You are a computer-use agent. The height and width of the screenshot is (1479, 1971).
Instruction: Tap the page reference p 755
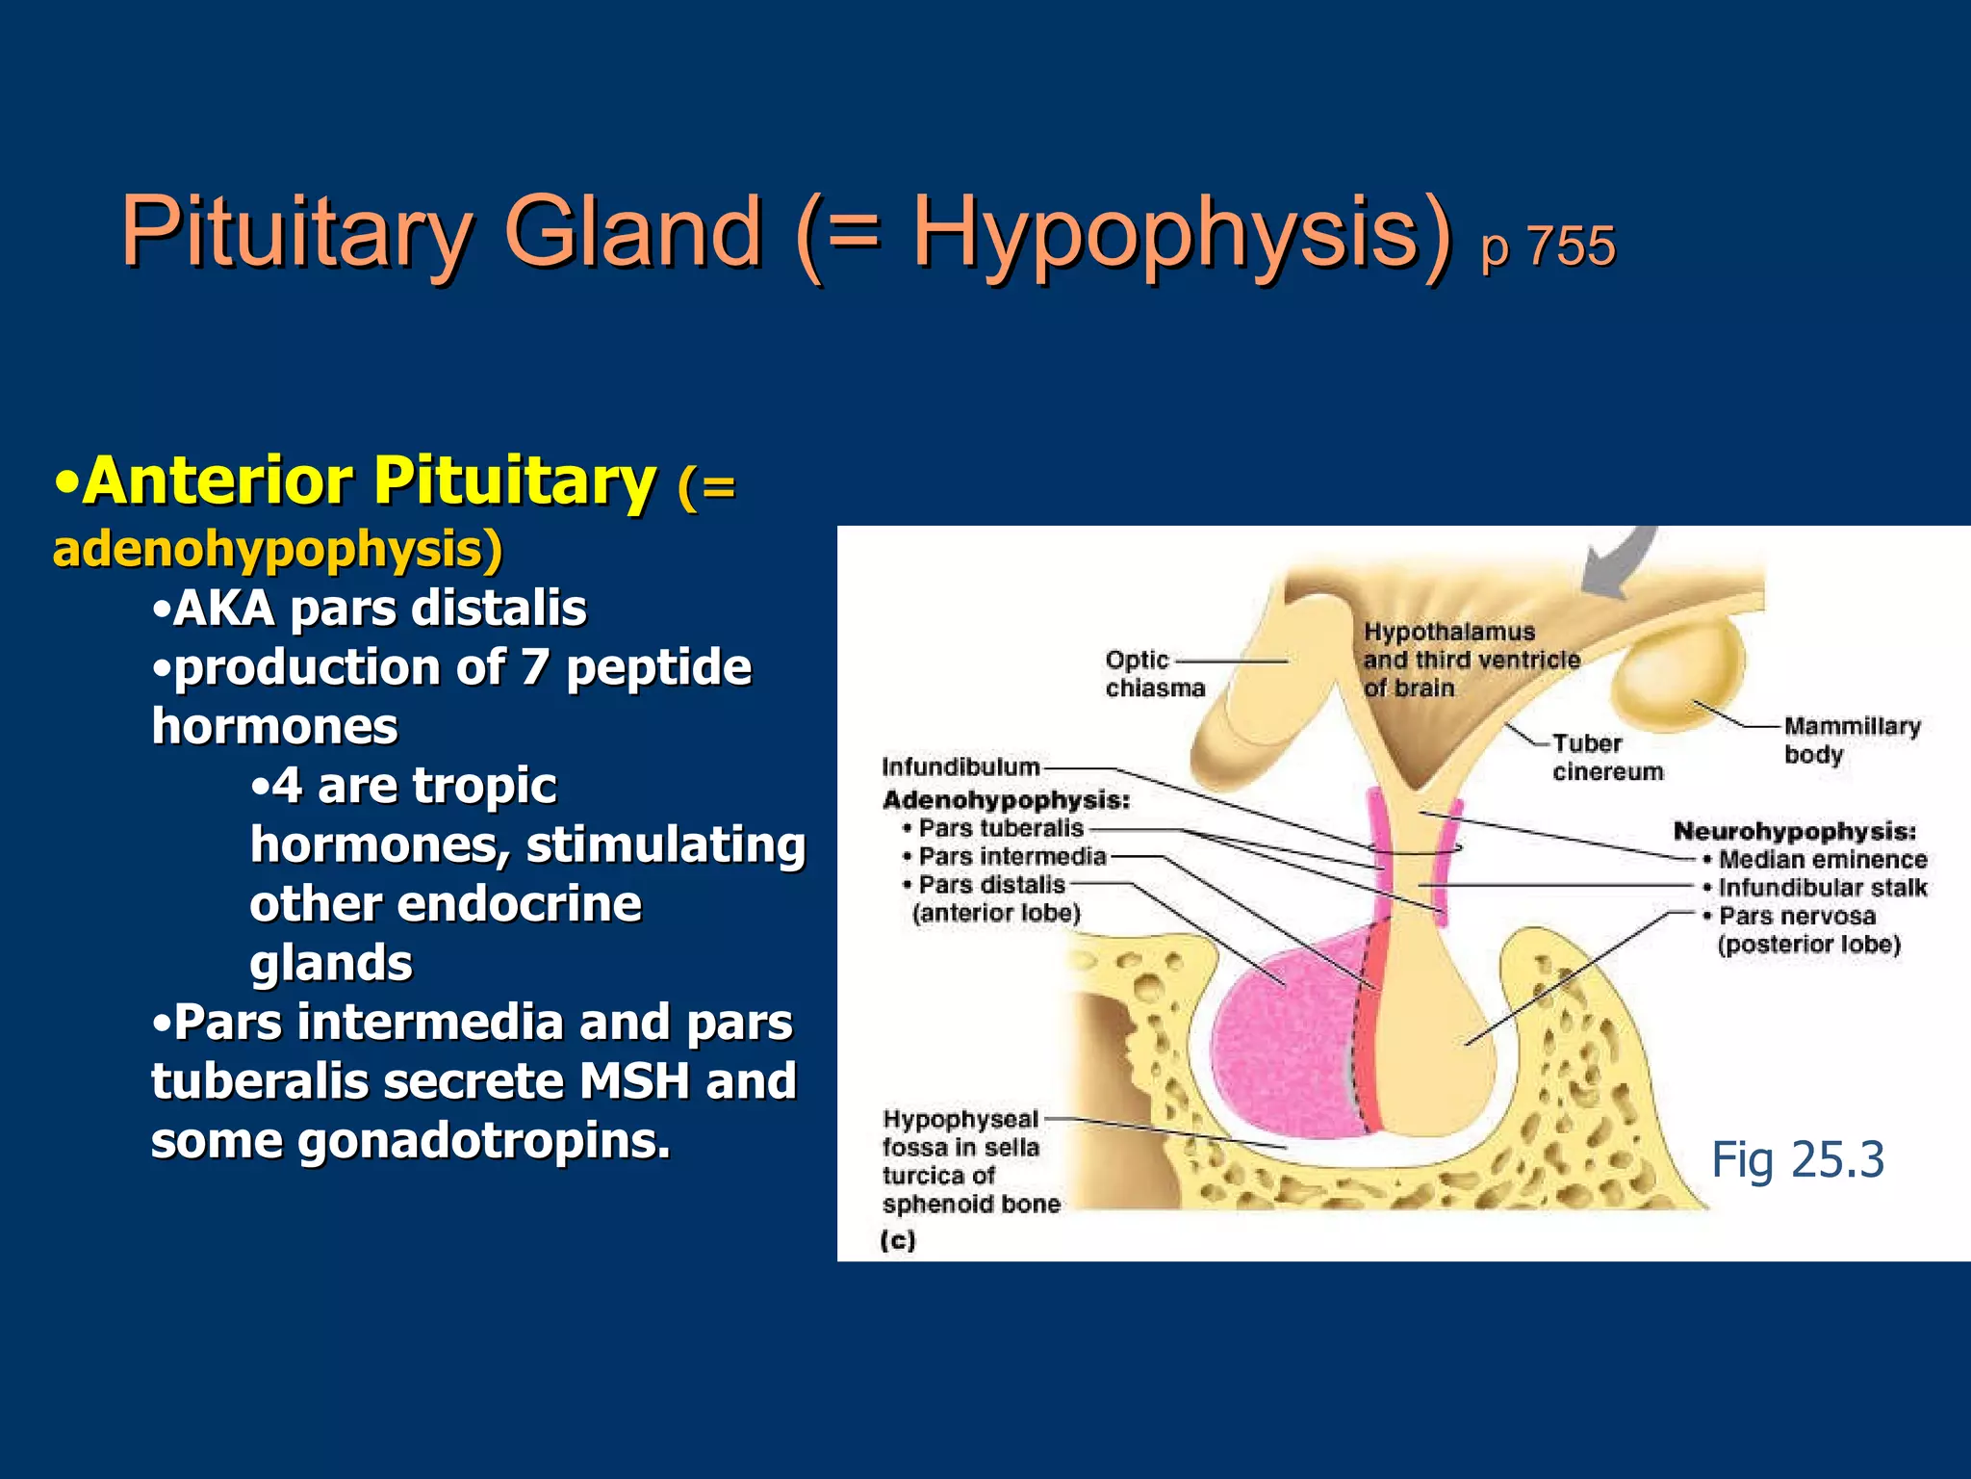[x=1548, y=246]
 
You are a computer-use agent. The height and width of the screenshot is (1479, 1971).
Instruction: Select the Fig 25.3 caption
[x=1797, y=1159]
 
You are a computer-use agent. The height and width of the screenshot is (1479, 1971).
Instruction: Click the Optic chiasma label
[x=1154, y=674]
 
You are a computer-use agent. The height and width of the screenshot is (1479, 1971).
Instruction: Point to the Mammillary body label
[x=1851, y=739]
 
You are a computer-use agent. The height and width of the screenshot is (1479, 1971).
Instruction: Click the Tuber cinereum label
[x=1606, y=757]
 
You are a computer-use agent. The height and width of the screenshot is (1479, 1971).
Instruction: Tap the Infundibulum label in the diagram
[x=960, y=766]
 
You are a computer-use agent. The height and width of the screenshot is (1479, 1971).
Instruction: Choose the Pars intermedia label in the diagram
[x=1011, y=856]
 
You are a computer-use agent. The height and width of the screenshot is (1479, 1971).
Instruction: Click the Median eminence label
[x=1822, y=859]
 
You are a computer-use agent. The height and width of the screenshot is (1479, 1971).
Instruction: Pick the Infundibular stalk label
[x=1822, y=888]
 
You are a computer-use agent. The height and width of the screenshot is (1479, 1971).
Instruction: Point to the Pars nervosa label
[x=1797, y=916]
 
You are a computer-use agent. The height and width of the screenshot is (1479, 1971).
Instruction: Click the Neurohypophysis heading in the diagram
[x=1794, y=831]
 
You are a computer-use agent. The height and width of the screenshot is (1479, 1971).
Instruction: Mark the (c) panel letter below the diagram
[x=897, y=1240]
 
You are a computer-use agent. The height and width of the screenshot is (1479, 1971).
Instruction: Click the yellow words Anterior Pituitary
[x=370, y=481]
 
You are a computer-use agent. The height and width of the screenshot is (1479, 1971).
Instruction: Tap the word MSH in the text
[x=633, y=1081]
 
